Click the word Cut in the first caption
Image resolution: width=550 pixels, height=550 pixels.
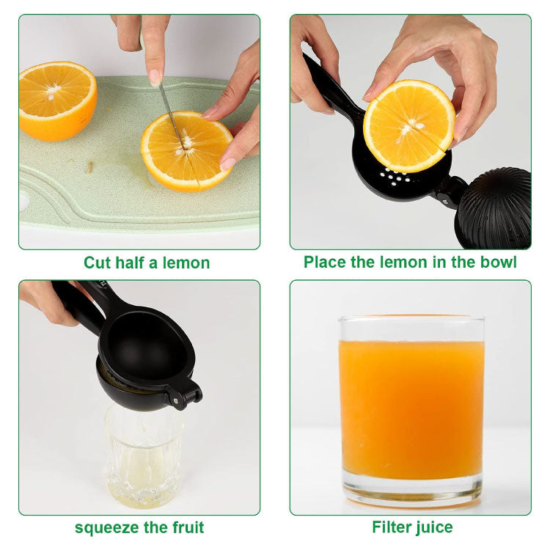97,263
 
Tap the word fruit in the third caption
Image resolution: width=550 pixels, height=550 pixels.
188,527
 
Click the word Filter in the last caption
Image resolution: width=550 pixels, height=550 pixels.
391,527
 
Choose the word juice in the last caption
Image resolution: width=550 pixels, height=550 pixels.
433,527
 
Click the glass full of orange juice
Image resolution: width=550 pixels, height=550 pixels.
411,411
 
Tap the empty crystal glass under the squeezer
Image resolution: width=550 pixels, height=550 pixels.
144,456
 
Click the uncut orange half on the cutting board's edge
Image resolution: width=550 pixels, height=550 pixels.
57,101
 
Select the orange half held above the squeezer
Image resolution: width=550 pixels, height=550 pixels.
409,126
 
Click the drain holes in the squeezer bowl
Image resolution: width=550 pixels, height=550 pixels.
395,176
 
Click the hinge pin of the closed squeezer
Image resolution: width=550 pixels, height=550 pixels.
175,400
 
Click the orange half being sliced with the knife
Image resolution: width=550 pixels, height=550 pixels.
187,151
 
